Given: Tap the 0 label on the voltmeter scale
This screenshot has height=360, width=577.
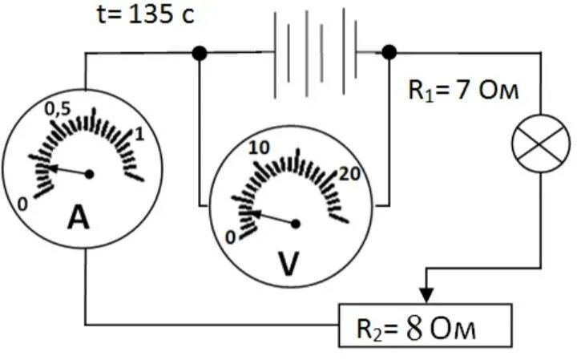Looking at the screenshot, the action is tap(230, 237).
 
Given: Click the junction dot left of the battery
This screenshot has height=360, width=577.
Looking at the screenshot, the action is tap(200, 53).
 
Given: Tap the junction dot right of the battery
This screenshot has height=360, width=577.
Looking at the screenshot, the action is tap(389, 53).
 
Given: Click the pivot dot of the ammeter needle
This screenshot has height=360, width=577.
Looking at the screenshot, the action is tap(90, 174).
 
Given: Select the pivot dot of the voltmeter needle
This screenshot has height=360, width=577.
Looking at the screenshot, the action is tap(296, 224).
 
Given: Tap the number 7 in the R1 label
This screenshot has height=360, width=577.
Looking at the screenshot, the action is tap(463, 90).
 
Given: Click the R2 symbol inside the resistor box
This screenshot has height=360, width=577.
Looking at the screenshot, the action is tap(369, 330).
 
